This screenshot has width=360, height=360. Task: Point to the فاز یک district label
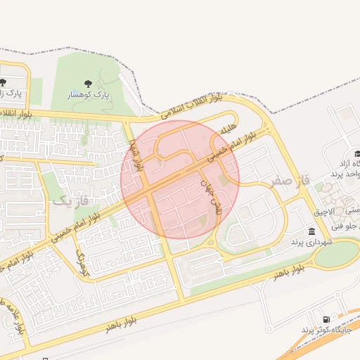pyautogui.click(x=72, y=201)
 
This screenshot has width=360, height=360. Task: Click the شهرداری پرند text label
pyautogui.click(x=311, y=241)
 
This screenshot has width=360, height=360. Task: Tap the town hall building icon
pyautogui.click(x=311, y=231)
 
